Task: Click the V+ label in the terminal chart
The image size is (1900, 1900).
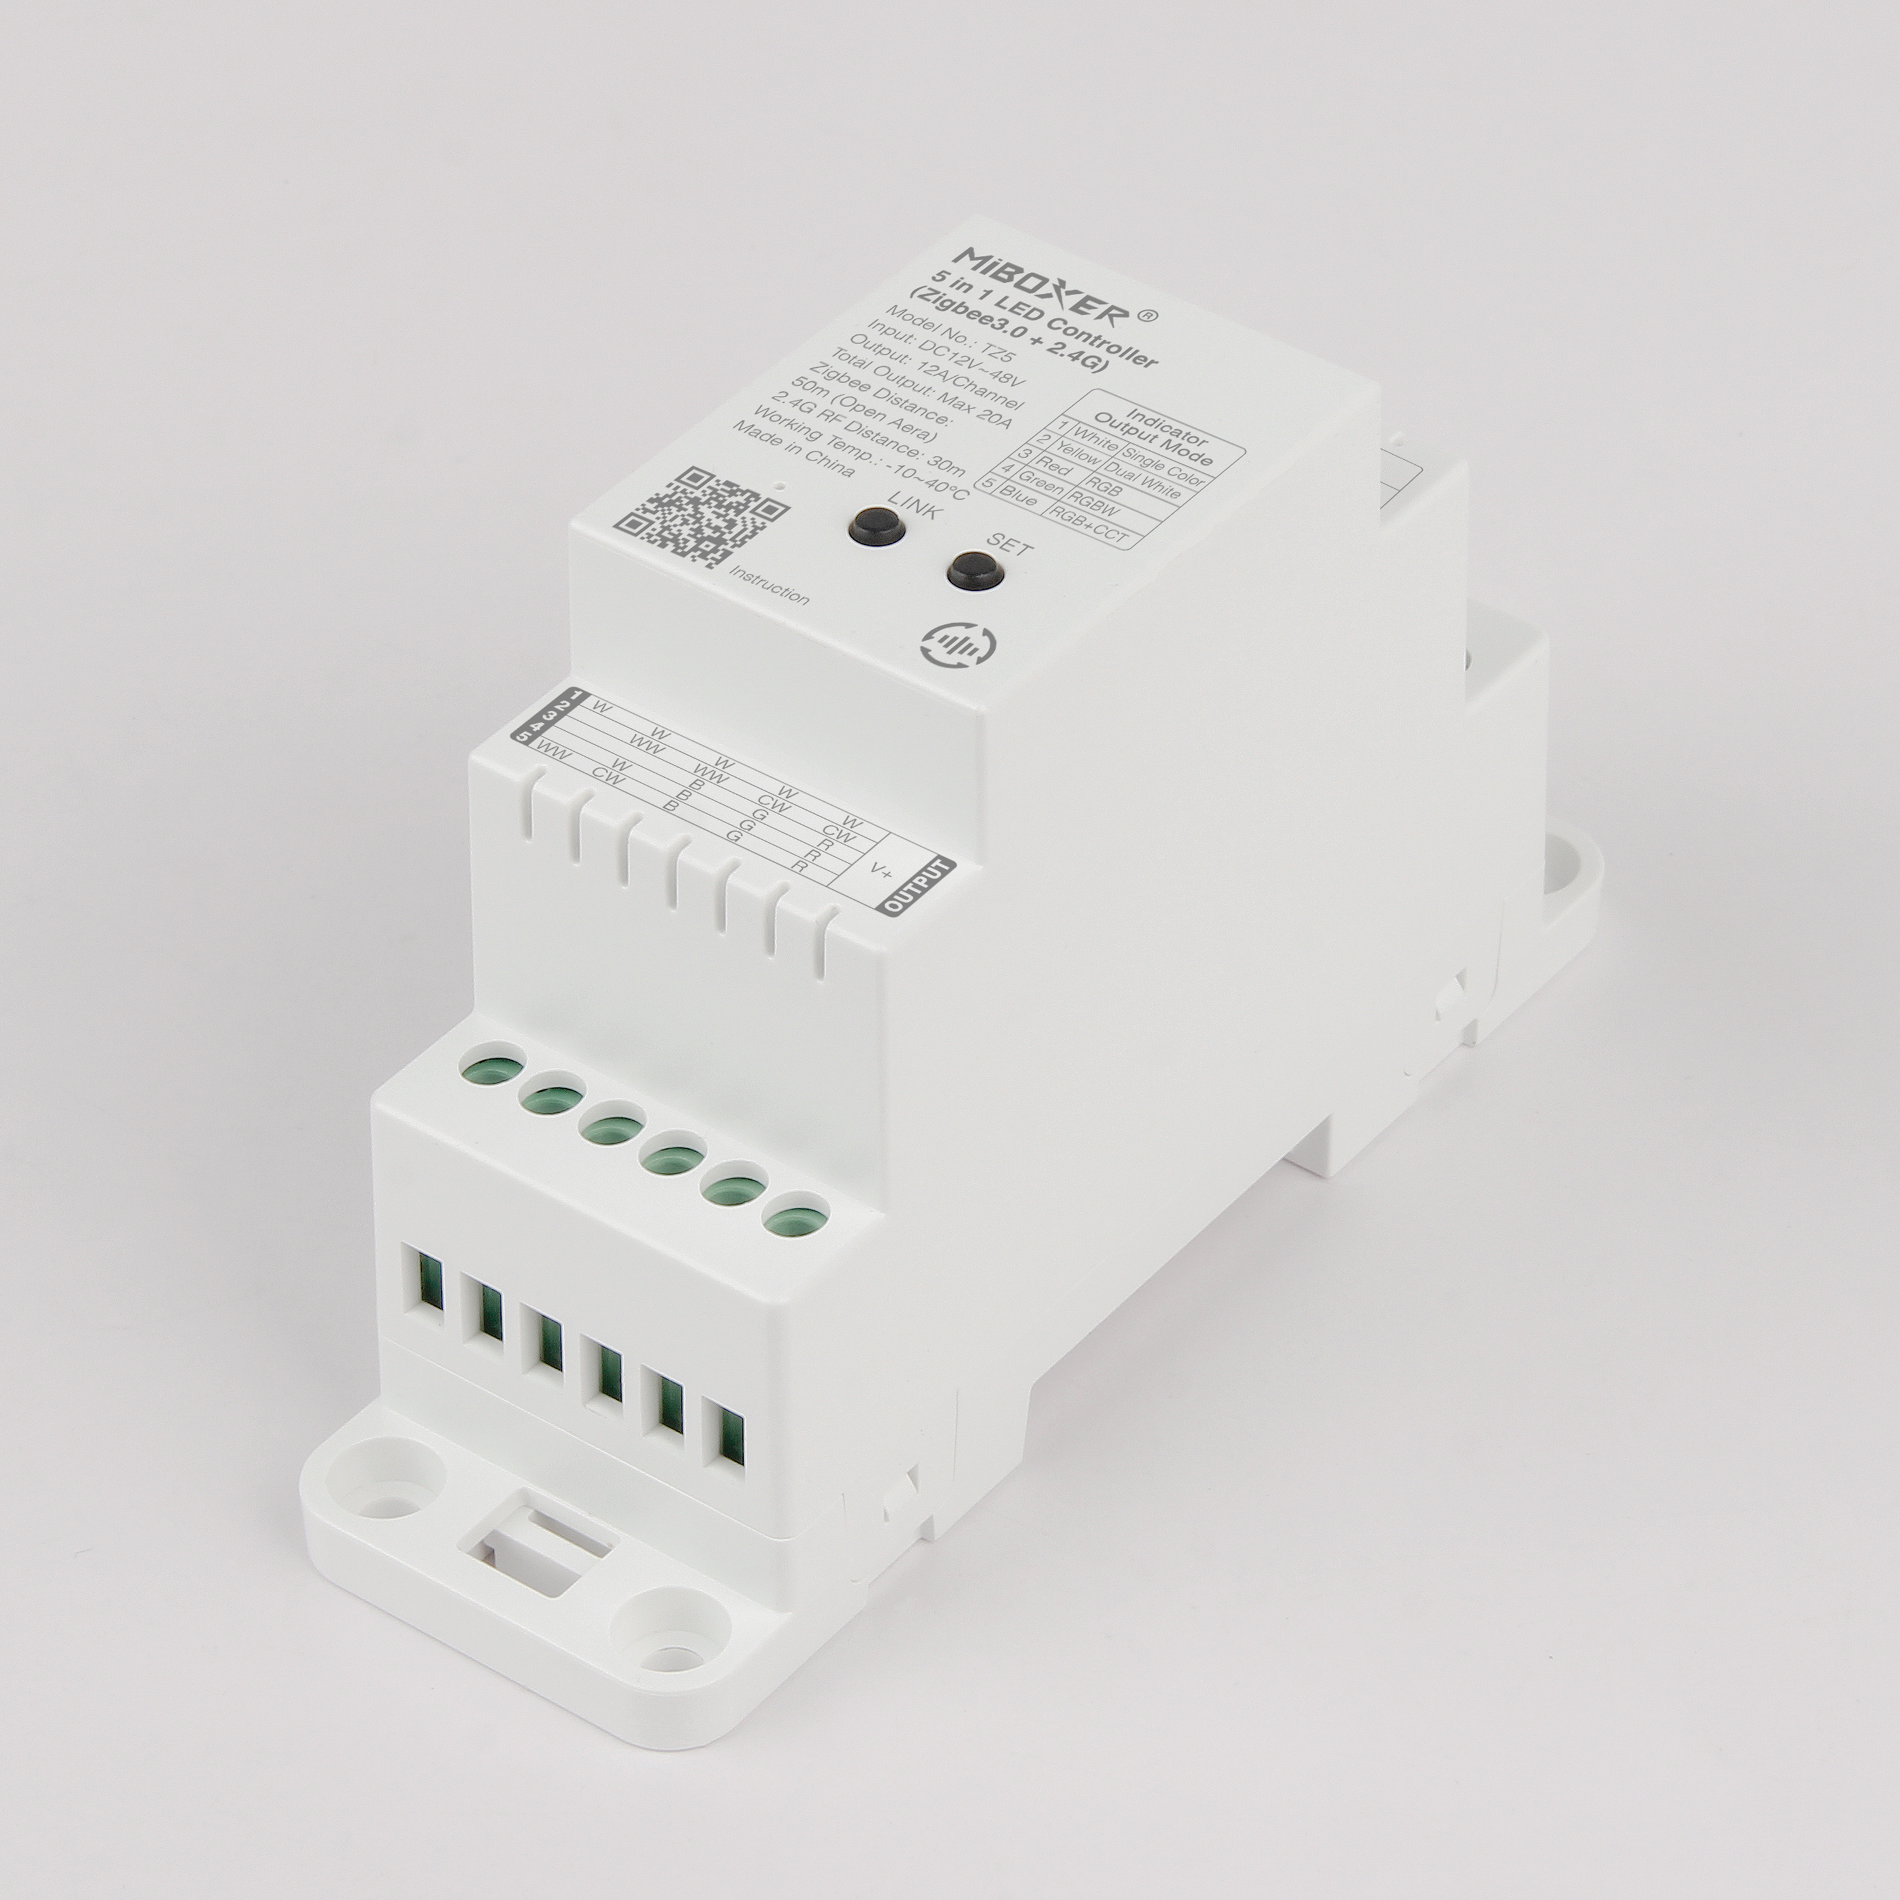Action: click(882, 868)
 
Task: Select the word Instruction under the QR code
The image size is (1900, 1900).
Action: click(769, 584)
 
